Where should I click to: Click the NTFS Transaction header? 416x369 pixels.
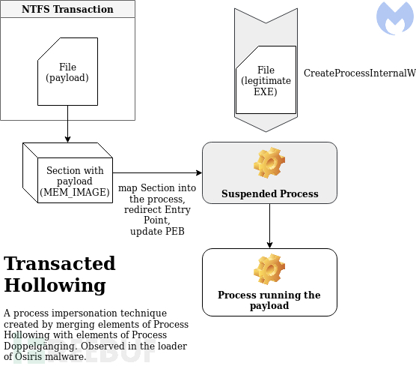pos(67,10)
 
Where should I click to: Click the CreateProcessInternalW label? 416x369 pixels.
pos(359,73)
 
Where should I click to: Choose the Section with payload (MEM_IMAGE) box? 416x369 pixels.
pos(74,181)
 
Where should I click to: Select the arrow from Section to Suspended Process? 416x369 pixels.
pos(157,171)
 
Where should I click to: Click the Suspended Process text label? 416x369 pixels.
pos(269,193)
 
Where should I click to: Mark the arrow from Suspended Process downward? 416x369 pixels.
pos(269,225)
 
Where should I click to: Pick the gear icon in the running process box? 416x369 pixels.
pos(269,269)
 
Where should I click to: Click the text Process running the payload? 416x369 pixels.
pos(269,300)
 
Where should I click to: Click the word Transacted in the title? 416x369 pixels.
pos(60,264)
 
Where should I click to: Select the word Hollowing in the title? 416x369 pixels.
pos(55,286)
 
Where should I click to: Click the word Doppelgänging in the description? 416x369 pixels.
pos(38,346)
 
